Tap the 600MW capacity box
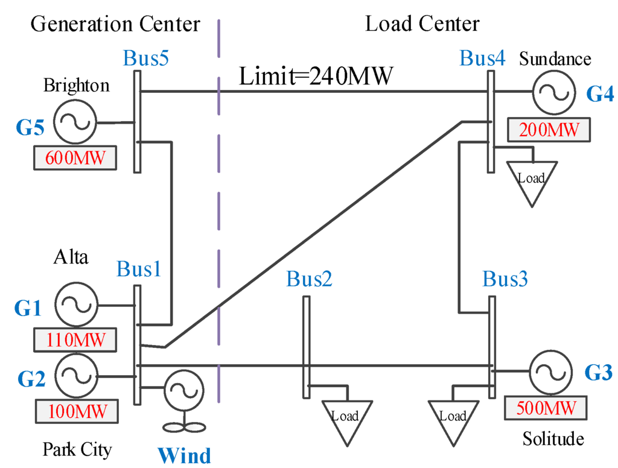pyautogui.click(x=75, y=158)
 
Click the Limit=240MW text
pyautogui.click(x=316, y=77)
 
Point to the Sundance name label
pyautogui.click(x=555, y=59)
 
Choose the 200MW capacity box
pyautogui.click(x=549, y=129)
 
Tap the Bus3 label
pyautogui.click(x=506, y=279)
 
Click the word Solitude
pyautogui.click(x=553, y=438)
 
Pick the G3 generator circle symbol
pyautogui.click(x=549, y=374)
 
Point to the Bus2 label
pyautogui.click(x=309, y=279)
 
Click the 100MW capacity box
pyautogui.click(x=75, y=411)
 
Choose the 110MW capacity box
pyautogui.click(x=75, y=340)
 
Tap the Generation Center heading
pyautogui.click(x=115, y=24)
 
